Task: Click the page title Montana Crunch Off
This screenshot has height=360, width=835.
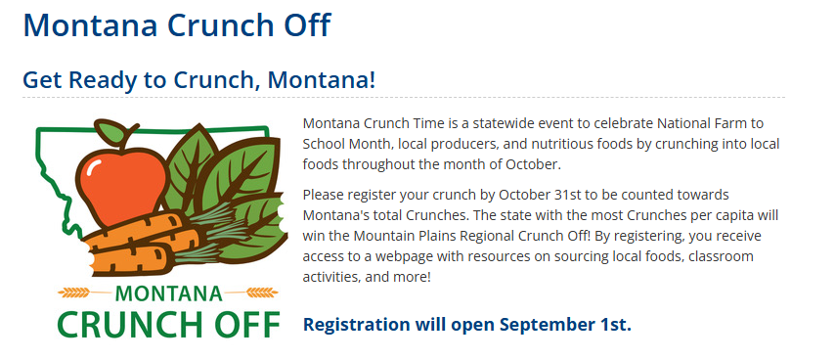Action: [177, 24]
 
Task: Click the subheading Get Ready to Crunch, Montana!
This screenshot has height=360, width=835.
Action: [199, 80]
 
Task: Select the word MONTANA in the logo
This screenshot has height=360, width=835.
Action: [168, 293]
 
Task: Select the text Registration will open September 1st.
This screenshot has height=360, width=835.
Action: [467, 324]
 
